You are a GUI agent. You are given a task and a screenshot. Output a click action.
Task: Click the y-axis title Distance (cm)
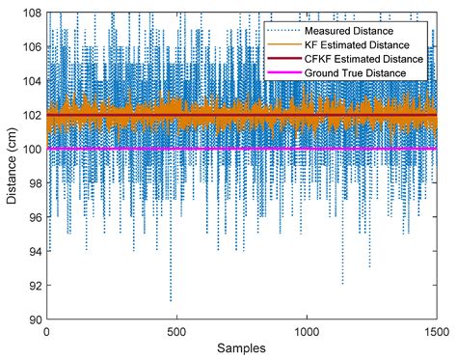point(12,165)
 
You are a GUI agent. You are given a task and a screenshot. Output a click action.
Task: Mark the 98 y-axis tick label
point(34,182)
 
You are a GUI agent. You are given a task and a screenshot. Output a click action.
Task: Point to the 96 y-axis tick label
point(34,217)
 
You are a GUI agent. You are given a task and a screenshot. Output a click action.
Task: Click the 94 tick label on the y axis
point(34,251)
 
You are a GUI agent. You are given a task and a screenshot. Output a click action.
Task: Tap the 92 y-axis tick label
point(34,285)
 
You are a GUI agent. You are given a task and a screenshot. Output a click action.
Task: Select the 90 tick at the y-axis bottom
point(34,318)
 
